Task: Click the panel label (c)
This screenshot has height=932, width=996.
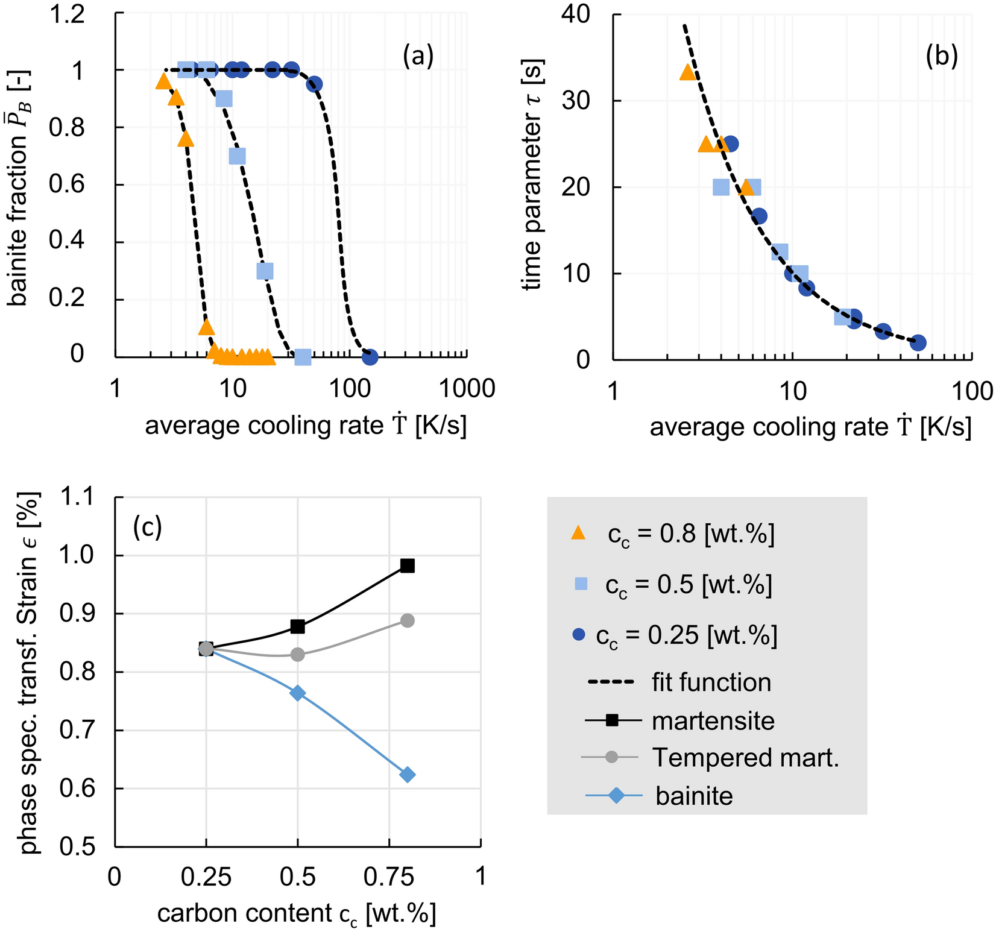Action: coord(148,527)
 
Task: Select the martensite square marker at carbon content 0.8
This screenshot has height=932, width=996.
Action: coord(408,565)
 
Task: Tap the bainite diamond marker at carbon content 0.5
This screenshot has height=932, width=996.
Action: coord(298,693)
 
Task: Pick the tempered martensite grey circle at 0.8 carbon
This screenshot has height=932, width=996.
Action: coord(408,620)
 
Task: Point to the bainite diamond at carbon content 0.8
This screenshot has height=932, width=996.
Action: coord(408,775)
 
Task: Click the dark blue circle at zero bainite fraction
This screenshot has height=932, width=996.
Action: coord(370,357)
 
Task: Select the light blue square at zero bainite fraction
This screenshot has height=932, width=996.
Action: coord(303,357)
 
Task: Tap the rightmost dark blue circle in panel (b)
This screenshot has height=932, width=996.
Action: coord(918,343)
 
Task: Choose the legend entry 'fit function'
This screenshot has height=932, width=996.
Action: coord(711,682)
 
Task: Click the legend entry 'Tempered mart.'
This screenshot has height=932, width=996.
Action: coord(746,758)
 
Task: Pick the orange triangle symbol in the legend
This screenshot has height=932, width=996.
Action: coord(578,532)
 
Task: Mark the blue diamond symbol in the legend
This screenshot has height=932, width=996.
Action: coord(616,796)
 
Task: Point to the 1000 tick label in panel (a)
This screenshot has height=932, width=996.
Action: coord(466,389)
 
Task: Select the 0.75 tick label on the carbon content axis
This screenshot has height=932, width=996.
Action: coord(389,876)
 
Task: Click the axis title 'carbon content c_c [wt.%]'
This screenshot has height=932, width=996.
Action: coord(297,914)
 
